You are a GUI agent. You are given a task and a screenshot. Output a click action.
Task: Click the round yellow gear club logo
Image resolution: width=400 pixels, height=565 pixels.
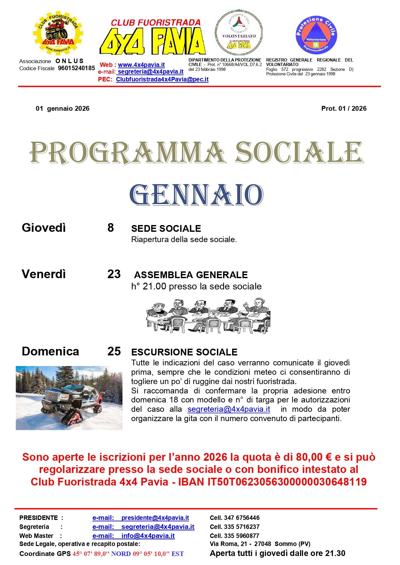(x=58, y=33)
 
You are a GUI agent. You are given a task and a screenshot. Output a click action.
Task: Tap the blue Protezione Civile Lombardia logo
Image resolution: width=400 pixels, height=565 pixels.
(x=316, y=35)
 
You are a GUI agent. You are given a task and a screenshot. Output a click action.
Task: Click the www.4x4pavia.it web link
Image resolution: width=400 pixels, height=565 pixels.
(x=141, y=65)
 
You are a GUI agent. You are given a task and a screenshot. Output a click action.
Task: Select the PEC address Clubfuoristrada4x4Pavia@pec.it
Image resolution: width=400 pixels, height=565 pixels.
(x=162, y=79)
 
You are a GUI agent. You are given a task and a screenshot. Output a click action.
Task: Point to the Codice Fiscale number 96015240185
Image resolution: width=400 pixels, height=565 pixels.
(x=76, y=68)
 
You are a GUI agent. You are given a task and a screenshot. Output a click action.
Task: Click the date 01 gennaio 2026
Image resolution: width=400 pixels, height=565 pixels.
(x=63, y=108)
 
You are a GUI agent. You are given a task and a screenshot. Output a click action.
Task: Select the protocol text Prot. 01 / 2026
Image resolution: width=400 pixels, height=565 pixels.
(x=344, y=108)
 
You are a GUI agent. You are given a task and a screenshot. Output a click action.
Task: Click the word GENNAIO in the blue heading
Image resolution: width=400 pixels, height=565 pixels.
(x=196, y=195)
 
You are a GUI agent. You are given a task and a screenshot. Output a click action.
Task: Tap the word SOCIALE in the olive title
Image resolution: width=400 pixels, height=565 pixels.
(x=299, y=153)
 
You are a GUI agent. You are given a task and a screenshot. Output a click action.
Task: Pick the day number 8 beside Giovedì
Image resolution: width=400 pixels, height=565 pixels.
(x=111, y=228)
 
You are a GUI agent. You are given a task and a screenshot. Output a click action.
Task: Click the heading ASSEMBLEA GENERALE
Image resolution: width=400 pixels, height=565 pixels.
(x=191, y=275)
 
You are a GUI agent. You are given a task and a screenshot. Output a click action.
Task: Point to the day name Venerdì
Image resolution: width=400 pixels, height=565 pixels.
(x=44, y=274)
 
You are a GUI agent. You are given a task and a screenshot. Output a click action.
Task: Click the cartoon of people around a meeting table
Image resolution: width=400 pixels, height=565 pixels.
(x=208, y=315)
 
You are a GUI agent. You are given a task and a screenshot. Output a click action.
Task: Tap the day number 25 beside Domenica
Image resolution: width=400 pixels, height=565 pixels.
(x=114, y=351)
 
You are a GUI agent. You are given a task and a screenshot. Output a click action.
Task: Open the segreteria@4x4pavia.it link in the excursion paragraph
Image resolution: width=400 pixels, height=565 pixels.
(x=229, y=409)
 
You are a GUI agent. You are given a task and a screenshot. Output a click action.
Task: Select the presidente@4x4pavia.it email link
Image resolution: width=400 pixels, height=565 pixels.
(x=155, y=518)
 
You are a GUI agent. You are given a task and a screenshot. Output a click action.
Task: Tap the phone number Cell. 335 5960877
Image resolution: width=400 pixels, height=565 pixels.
(x=234, y=536)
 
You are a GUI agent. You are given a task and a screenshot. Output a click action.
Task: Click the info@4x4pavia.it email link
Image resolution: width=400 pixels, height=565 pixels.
(x=148, y=536)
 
